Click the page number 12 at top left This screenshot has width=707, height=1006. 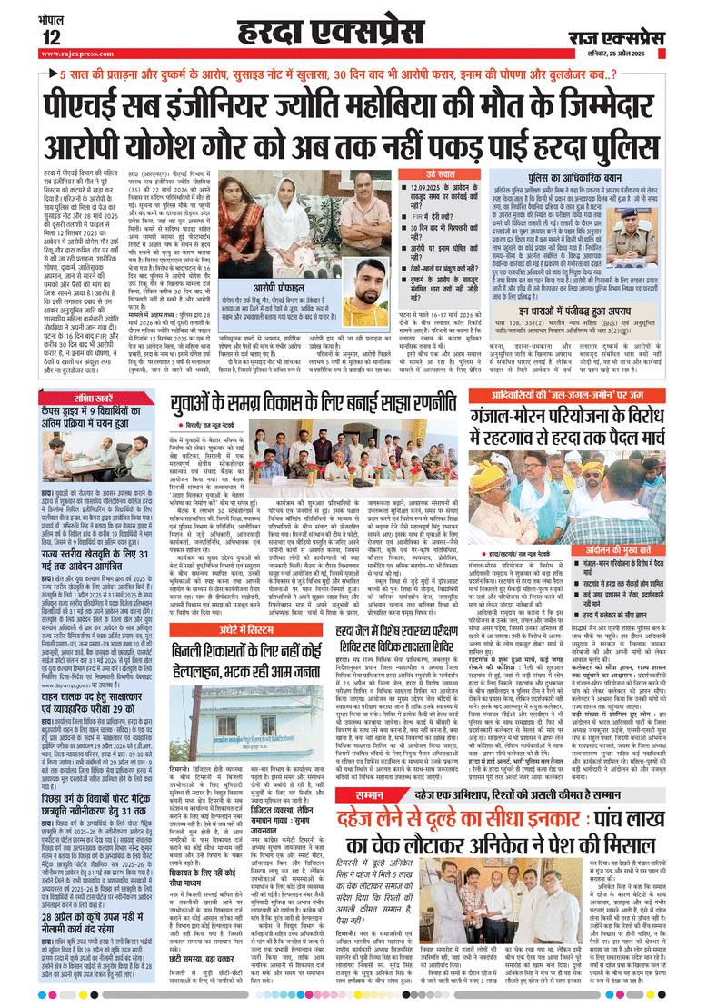pyautogui.click(x=51, y=35)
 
